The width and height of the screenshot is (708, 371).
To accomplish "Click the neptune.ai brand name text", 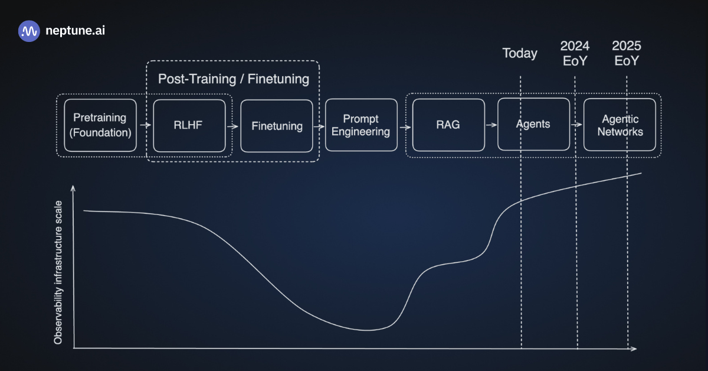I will pos(75,31).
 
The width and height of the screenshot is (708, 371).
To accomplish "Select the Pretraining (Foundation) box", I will pos(100,125).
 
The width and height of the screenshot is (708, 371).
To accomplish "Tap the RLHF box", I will pos(189,125).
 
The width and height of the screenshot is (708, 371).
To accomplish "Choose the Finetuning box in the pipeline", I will pos(277,126).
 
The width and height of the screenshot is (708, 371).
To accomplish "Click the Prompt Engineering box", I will pos(360,125).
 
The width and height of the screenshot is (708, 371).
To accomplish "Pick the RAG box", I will pos(448,125).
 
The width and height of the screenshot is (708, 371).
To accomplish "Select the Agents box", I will pos(533,125).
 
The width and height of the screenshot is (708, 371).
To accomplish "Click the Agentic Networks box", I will pos(619,125).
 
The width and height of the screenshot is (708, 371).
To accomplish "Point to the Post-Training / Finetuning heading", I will pos(233,79).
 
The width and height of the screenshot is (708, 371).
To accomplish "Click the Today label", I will pos(520,53).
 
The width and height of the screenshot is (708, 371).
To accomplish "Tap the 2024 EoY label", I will pos(575,53).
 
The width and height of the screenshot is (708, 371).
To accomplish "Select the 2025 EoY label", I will pos(627,53).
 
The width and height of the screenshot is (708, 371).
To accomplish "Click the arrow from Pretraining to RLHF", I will pos(144,125).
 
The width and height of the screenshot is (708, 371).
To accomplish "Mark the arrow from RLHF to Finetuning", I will pos(232,125).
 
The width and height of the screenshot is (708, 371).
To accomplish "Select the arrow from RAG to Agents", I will pos(490,125).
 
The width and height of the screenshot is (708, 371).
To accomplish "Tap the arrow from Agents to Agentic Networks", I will pos(576,125).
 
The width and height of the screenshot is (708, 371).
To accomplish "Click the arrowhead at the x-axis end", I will pos(633,349).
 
